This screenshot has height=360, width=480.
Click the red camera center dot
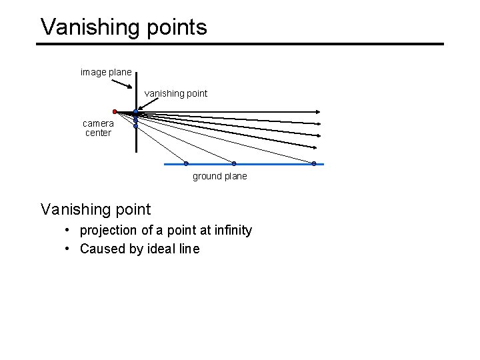pyautogui.click(x=115, y=111)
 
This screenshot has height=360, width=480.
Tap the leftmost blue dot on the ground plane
pyautogui.click(x=186, y=163)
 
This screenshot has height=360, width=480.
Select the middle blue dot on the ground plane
pyautogui.click(x=234, y=163)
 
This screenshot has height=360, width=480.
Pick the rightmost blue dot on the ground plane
pyautogui.click(x=314, y=163)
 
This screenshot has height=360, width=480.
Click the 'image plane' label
pyautogui.click(x=106, y=72)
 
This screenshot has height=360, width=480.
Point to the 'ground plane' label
pyautogui.click(x=219, y=176)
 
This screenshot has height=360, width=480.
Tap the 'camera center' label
pyautogui.click(x=98, y=128)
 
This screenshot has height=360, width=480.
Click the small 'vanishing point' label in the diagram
pyautogui.click(x=176, y=93)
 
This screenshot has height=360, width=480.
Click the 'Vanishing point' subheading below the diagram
pyautogui.click(x=96, y=209)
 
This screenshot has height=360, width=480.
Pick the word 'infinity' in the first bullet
pyautogui.click(x=231, y=230)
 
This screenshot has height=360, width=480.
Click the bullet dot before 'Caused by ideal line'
pyautogui.click(x=69, y=249)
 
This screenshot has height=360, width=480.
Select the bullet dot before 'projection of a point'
pyautogui.click(x=69, y=230)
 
